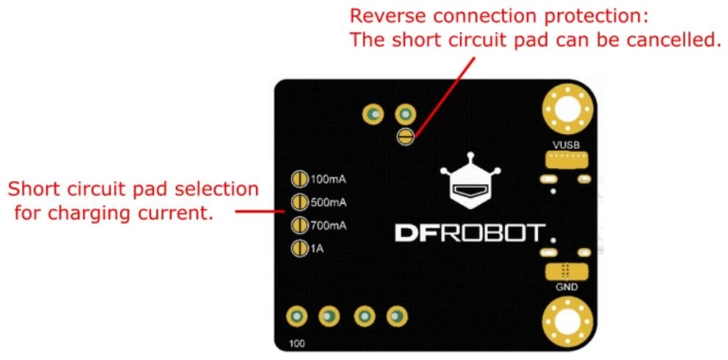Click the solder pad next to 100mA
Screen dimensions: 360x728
pyautogui.click(x=300, y=179)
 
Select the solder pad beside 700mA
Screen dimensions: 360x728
pyautogui.click(x=300, y=225)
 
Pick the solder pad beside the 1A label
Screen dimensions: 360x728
pyautogui.click(x=300, y=249)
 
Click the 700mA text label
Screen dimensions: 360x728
pyautogui.click(x=325, y=225)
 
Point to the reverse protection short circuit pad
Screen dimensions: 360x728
pyautogui.click(x=405, y=136)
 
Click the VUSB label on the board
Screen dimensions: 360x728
pyautogui.click(x=566, y=146)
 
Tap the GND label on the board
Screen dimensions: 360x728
pyautogui.click(x=566, y=287)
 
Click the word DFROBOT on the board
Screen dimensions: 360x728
pyautogui.click(x=468, y=234)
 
